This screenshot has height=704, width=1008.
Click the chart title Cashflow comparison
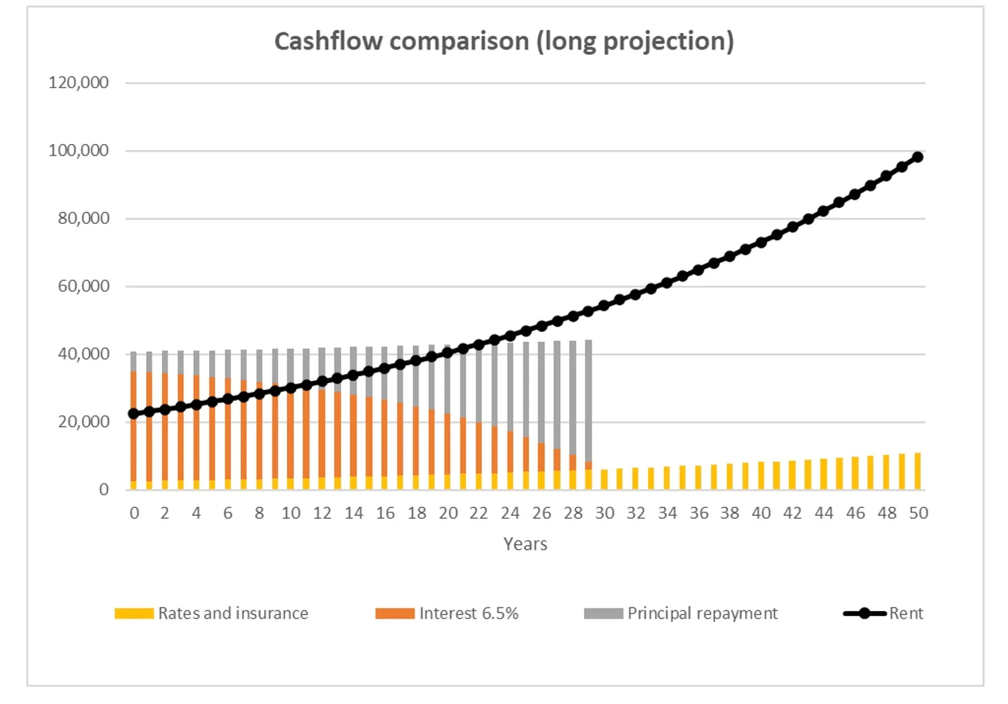point(504,41)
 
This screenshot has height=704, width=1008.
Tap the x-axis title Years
point(525,543)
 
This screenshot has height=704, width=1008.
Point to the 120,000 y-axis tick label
point(79,83)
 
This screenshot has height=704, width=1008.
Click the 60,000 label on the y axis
point(83,286)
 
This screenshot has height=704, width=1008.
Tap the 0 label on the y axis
point(103,489)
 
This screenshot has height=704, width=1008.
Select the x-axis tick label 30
point(605,513)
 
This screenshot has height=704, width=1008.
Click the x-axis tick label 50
point(918,513)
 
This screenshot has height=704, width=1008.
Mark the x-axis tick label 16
point(385,513)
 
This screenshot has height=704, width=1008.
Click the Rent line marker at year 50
point(918,157)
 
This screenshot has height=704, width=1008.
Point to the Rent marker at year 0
point(134,413)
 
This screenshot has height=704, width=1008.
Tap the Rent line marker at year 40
point(761,242)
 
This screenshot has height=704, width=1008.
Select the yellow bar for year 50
point(918,472)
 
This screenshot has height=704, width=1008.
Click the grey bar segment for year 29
point(589,400)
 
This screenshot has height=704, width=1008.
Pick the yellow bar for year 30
point(605,479)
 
